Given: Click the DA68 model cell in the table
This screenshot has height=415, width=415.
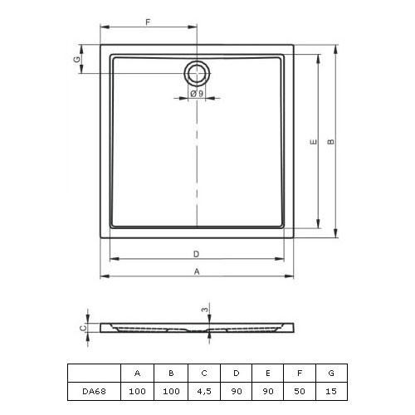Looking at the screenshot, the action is [94, 391].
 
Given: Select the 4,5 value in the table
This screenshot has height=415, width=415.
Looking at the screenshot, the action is [204, 391].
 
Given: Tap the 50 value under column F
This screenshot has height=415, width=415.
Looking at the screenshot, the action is [300, 391].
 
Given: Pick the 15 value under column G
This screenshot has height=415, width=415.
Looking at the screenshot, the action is [331, 391].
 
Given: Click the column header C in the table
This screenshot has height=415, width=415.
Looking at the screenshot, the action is [204, 373].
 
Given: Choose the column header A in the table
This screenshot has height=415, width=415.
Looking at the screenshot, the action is [137, 373].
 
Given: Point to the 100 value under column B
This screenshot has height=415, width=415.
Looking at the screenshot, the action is [171, 391].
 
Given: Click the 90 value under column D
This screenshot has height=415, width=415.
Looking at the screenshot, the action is [237, 391].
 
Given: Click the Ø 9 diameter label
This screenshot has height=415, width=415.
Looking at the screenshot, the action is [197, 94].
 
